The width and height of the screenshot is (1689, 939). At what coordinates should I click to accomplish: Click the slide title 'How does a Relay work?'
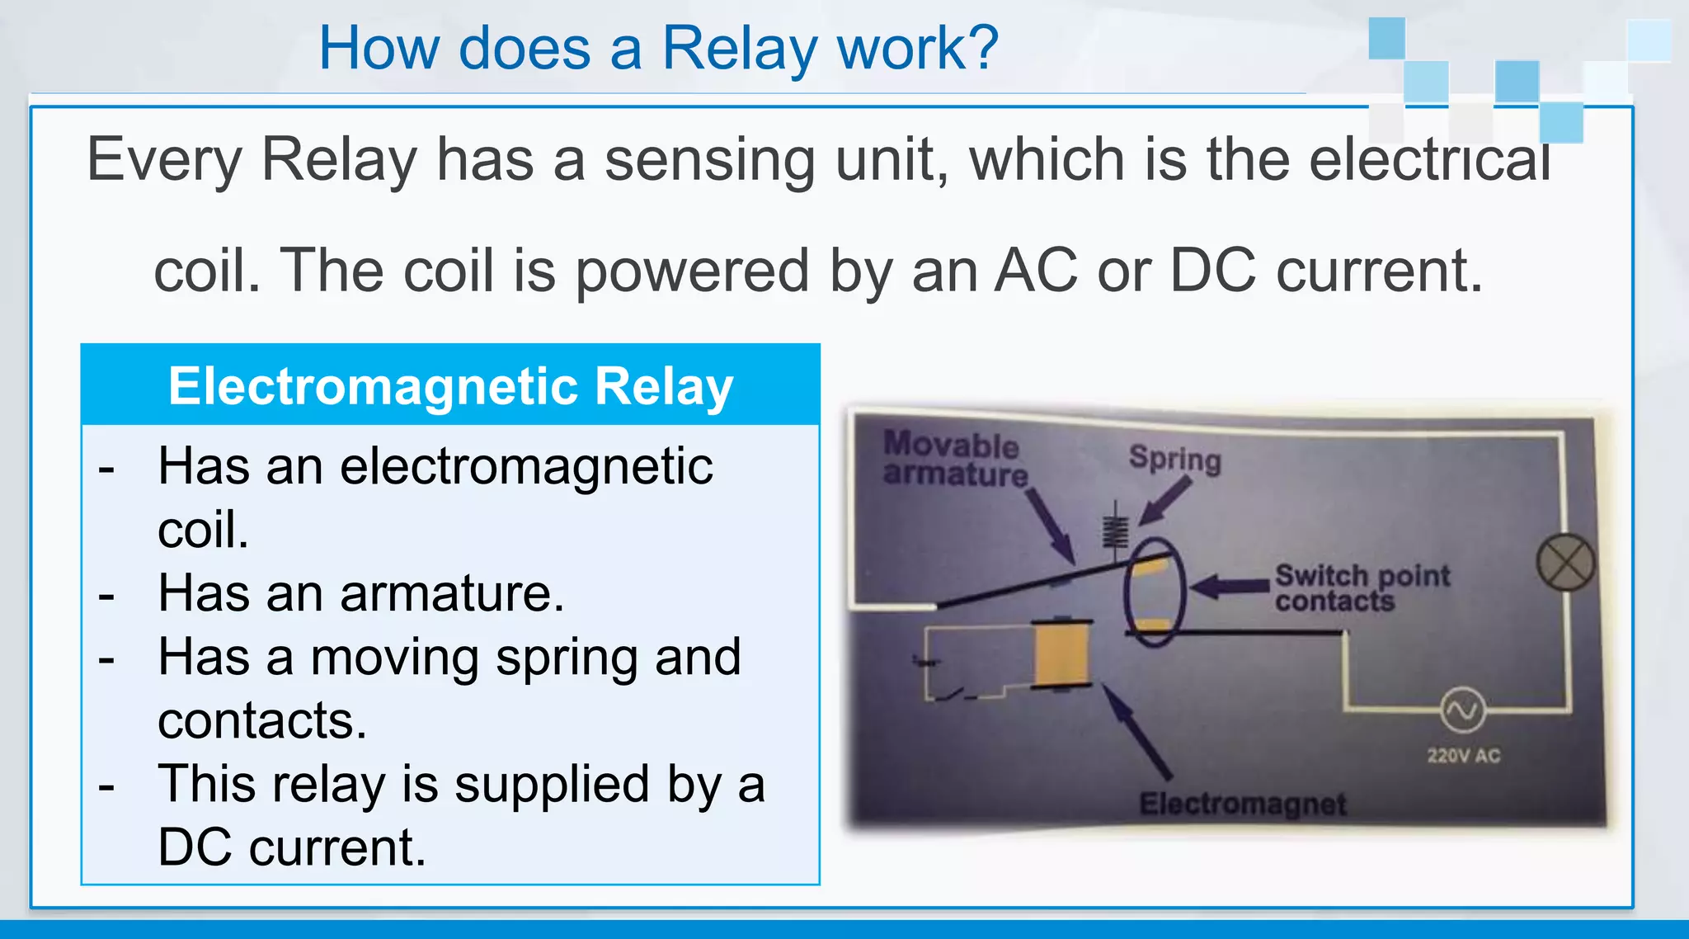tap(658, 48)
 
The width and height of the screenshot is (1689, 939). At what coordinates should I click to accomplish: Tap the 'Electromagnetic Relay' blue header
tap(450, 386)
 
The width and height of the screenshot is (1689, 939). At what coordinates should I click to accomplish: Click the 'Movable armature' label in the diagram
tap(954, 459)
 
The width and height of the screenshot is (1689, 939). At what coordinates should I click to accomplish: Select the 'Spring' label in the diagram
tap(1174, 458)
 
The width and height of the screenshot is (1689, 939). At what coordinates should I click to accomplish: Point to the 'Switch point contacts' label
tap(1361, 587)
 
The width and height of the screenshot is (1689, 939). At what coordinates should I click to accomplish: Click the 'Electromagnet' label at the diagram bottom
tap(1242, 803)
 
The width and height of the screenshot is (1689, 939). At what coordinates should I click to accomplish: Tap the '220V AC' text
tap(1464, 755)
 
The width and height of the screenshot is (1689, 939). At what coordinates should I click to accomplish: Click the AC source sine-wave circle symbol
tap(1463, 710)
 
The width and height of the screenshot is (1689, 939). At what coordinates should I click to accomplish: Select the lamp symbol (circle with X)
tap(1565, 562)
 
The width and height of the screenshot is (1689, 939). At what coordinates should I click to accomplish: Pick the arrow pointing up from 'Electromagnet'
tap(1138, 731)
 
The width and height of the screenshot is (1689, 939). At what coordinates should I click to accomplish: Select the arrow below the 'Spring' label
tap(1165, 501)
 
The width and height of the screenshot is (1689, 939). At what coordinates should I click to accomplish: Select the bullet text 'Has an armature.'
tap(361, 593)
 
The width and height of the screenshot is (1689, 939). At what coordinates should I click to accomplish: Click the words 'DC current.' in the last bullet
tap(292, 847)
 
